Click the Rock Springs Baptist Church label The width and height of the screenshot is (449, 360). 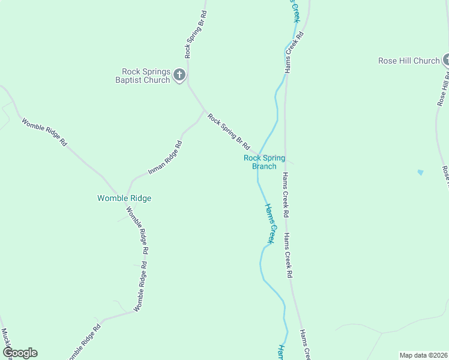pos(145,76)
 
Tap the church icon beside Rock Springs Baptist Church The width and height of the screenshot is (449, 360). pos(179,75)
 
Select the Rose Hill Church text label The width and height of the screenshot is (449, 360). pos(409,61)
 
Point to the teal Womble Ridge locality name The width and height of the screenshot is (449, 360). pos(124,198)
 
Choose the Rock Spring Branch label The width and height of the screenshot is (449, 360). pos(264,162)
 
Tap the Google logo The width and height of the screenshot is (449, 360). pos(20,353)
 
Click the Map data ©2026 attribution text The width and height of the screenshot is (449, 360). pos(423,355)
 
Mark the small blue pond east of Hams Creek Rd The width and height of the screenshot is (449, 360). pos(420,173)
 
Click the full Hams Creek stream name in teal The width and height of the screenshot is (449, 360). pos(270,223)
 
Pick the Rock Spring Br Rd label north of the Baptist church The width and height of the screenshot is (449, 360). pos(196,34)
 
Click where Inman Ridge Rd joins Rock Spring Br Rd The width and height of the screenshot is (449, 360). pos(204,111)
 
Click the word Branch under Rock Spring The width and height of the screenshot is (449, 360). pos(264,166)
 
